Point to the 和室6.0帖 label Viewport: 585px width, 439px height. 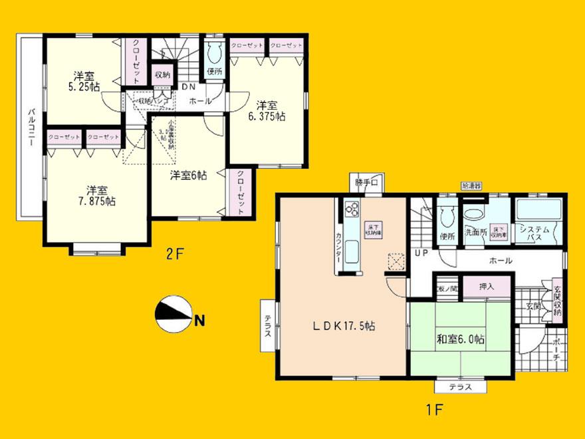459,339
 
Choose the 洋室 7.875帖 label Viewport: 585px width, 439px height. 96,194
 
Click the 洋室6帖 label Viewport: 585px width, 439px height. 187,176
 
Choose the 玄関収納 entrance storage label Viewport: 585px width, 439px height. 558,301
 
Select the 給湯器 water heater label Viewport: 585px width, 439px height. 471,187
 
